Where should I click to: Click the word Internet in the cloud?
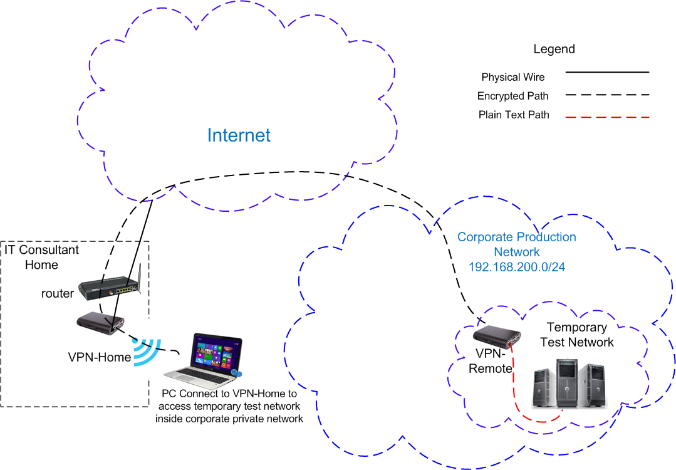pyautogui.click(x=239, y=135)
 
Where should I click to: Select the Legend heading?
pyautogui.click(x=554, y=49)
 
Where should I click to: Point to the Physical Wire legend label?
pyautogui.click(x=513, y=78)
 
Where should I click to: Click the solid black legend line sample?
pyautogui.click(x=607, y=73)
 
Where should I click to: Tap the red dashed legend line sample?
pyautogui.click(x=607, y=117)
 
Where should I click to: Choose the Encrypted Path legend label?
pyautogui.click(x=512, y=97)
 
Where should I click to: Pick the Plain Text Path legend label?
pyautogui.click(x=514, y=115)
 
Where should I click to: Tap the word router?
pyautogui.click(x=58, y=293)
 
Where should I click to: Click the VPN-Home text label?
pyautogui.click(x=100, y=358)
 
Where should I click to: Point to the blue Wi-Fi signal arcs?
pyautogui.click(x=148, y=352)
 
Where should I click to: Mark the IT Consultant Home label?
pyautogui.click(x=42, y=257)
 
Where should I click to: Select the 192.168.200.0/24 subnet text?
pyautogui.click(x=517, y=266)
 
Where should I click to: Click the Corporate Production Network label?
pyautogui.click(x=517, y=244)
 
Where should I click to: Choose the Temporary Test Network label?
pyautogui.click(x=577, y=335)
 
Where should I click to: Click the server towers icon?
pyautogui.click(x=571, y=384)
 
